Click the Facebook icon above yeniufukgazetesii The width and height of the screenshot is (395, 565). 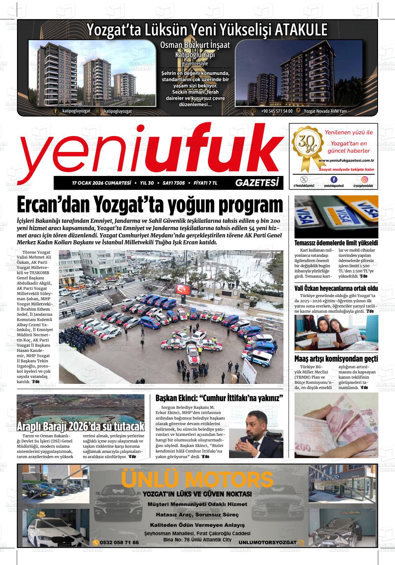[334, 179]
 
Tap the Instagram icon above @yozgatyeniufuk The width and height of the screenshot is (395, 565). [365, 179]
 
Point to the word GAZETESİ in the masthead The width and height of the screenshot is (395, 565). [257, 183]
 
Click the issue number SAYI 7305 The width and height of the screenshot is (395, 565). [174, 183]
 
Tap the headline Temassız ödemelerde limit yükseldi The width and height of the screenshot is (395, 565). [336, 243]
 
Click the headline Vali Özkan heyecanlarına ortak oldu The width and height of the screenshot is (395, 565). [336, 288]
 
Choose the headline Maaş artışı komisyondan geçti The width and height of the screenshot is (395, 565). [336, 359]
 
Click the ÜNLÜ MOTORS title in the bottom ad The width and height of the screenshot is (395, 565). [197, 480]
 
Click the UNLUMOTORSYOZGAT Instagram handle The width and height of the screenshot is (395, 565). [267, 542]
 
